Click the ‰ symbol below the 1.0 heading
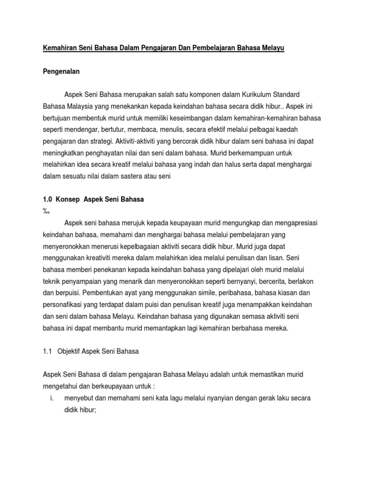[46, 211]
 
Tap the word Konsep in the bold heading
[69, 200]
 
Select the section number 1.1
[48, 352]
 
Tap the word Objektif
[70, 352]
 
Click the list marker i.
[51, 398]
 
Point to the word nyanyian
[205, 398]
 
